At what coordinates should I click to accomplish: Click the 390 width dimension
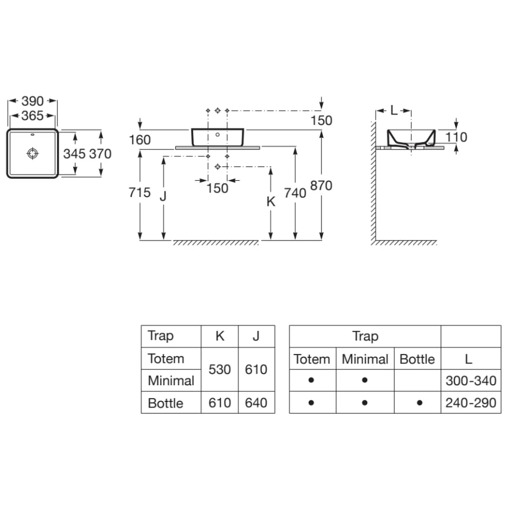coord(32,102)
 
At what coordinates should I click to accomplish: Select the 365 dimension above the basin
coord(32,116)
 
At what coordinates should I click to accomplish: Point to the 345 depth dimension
coord(74,154)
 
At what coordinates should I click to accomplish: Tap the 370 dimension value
coord(100,154)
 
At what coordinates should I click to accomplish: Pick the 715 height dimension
coord(139,193)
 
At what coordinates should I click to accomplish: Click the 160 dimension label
coord(139,140)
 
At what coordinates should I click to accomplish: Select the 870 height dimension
coord(322,185)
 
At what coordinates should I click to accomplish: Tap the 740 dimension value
coord(295,193)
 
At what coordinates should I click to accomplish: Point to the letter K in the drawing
coord(271,202)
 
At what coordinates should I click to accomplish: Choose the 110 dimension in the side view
coord(456,137)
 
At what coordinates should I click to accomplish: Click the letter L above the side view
coord(394,111)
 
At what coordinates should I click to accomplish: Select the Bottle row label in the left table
coord(165,402)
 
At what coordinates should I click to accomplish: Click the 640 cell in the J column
coord(256,402)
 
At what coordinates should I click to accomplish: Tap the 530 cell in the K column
coord(219,370)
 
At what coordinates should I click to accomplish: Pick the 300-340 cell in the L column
coord(471,381)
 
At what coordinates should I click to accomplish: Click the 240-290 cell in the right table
coord(471,402)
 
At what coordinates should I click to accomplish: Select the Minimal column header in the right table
coord(365,360)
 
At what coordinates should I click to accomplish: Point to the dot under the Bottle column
coord(419,402)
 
